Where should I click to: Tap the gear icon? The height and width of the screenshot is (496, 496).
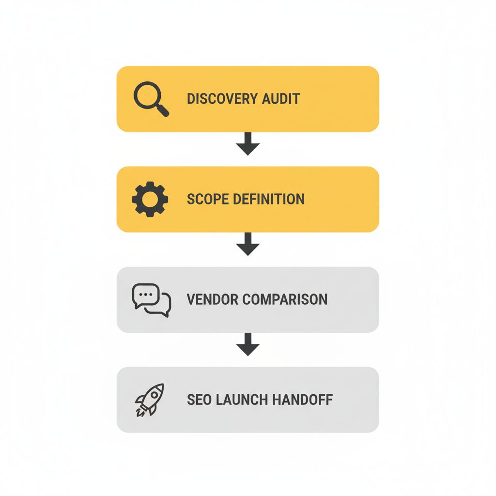click(x=150, y=199)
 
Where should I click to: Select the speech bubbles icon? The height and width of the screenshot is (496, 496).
click(x=151, y=300)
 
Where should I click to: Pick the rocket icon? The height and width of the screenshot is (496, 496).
click(x=150, y=399)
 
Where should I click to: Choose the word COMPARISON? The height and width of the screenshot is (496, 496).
click(x=285, y=299)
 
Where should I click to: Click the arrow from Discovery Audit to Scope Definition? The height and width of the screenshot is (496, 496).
click(x=248, y=143)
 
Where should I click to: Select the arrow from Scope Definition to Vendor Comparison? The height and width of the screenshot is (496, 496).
click(x=248, y=244)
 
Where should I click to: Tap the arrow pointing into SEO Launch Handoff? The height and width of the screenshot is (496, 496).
click(x=248, y=344)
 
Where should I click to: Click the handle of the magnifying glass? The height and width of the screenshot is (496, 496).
click(x=163, y=111)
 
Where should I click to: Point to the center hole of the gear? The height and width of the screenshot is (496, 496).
click(x=150, y=199)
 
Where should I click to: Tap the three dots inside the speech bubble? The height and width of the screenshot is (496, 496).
click(x=146, y=294)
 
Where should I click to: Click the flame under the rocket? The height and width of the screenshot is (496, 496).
click(x=139, y=413)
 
